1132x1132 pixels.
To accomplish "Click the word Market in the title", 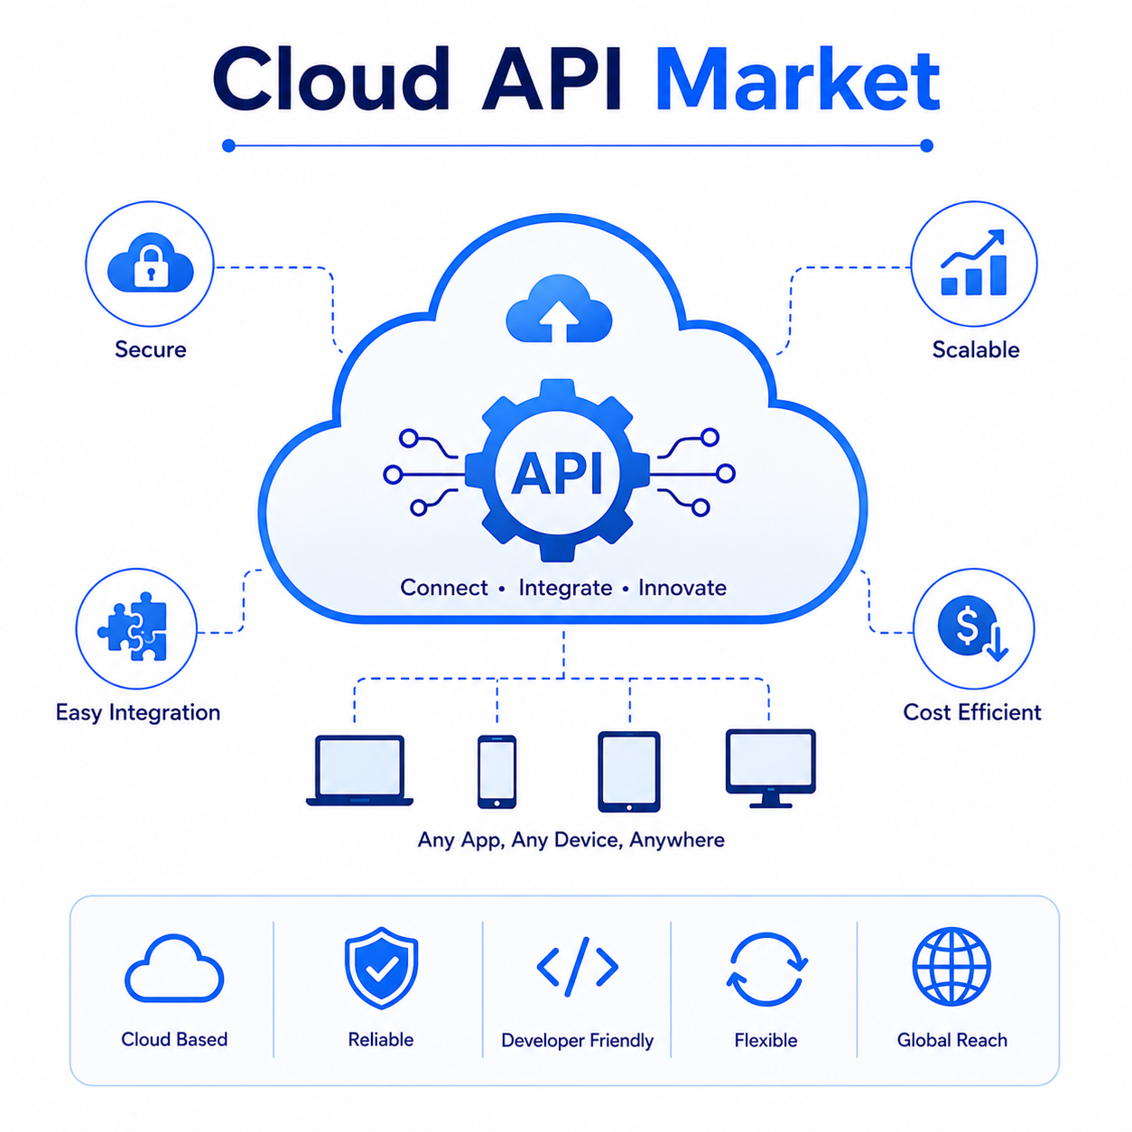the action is tap(796, 80).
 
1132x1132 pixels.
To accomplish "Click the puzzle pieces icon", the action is tap(132, 626).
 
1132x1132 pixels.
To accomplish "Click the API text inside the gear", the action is tap(557, 474).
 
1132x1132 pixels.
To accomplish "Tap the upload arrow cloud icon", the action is tap(559, 309).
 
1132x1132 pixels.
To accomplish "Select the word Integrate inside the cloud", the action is tap(565, 588).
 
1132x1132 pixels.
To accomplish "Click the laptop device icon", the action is tap(359, 769).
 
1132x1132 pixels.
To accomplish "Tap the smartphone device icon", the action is tap(497, 771).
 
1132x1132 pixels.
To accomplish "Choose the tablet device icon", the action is tap(629, 772).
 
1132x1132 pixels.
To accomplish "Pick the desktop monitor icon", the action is tap(771, 768).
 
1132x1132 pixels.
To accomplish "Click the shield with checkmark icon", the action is tap(381, 968).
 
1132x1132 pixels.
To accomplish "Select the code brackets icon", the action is tap(578, 967).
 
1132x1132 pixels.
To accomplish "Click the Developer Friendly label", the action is tap(578, 1040).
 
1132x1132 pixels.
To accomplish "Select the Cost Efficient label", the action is tap(972, 712).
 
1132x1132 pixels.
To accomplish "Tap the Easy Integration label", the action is tap(138, 713).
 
